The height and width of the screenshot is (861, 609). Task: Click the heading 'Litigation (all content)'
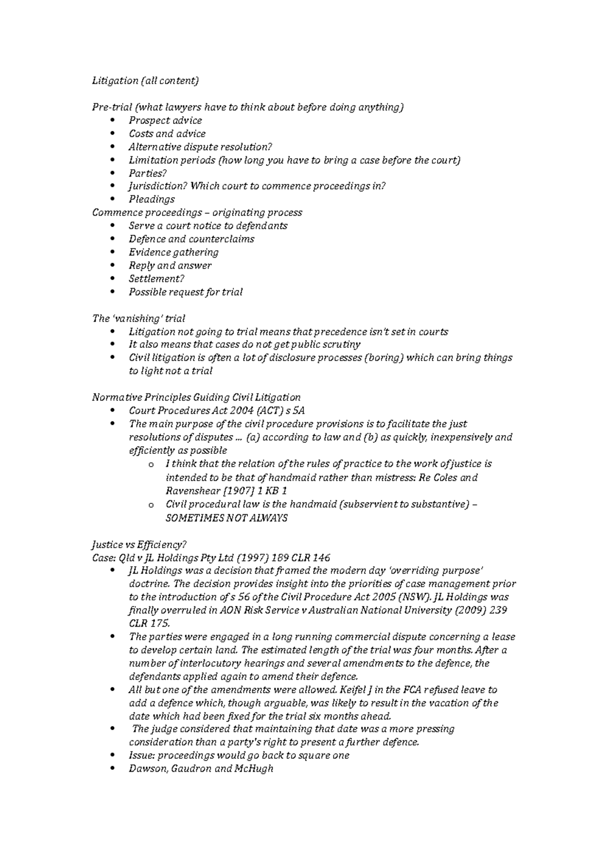(145, 81)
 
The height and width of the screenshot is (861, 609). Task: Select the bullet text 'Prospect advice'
(165, 121)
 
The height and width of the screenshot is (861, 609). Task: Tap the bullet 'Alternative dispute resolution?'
(200, 147)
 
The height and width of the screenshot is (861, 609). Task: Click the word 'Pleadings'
(151, 199)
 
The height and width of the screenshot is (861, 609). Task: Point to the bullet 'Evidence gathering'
(173, 253)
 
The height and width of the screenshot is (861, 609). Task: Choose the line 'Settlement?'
(156, 279)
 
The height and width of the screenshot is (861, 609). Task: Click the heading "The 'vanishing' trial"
(138, 318)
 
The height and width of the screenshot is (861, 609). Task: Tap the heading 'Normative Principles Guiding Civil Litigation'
(196, 397)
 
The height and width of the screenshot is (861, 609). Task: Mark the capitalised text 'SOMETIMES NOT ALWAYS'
(226, 518)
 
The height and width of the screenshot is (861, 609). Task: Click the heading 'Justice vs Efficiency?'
(140, 545)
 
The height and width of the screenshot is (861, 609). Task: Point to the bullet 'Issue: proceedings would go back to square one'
(239, 756)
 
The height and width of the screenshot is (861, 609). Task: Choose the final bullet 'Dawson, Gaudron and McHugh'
(201, 769)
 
